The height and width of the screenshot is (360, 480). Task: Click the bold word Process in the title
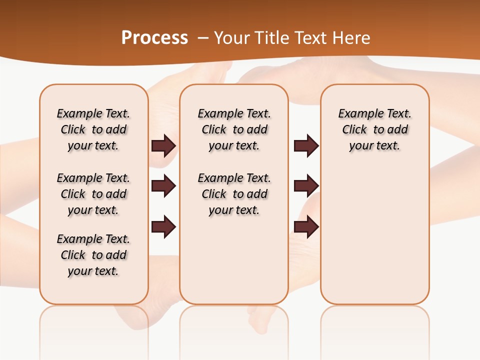click(154, 37)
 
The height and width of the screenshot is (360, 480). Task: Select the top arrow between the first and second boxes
click(163, 145)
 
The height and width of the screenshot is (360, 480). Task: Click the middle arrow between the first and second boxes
click(163, 186)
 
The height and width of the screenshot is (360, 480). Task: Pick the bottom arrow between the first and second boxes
click(163, 227)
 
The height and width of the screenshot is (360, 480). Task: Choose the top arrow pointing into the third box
click(306, 145)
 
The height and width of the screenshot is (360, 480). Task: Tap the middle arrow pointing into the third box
click(306, 186)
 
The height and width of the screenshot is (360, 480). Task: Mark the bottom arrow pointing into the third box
click(306, 227)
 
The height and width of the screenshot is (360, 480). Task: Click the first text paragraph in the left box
click(93, 129)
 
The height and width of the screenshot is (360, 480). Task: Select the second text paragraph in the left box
click(93, 194)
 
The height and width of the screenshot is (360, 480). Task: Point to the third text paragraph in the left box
click(93, 255)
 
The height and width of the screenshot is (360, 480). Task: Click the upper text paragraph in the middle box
click(234, 129)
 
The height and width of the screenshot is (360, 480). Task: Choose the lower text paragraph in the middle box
click(234, 194)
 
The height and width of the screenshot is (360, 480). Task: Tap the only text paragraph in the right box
click(375, 129)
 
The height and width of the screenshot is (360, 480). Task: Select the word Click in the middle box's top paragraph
click(214, 130)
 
